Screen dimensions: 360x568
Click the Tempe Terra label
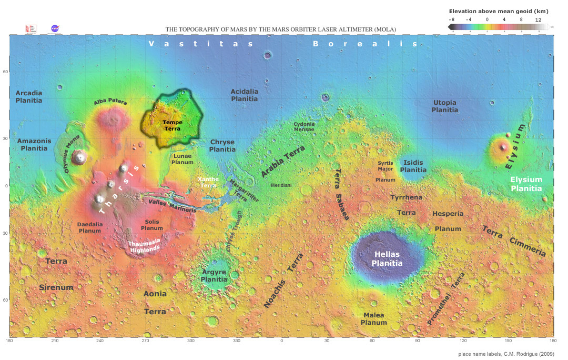[x=169, y=125]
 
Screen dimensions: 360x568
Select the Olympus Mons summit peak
[x=80, y=156]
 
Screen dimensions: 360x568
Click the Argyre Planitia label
[x=214, y=276]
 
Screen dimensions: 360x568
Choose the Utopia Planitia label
[x=444, y=106]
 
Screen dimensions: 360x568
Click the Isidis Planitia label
[x=413, y=166]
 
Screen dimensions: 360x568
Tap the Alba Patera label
[x=110, y=102]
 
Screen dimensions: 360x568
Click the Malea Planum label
[x=374, y=319]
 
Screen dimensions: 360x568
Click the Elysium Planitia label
[x=526, y=184]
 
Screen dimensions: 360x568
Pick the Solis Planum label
[x=152, y=225]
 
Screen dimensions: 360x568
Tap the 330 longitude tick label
[x=236, y=341]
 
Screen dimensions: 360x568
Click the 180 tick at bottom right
[x=552, y=341]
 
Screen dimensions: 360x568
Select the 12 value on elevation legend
[x=538, y=19]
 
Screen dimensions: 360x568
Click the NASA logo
[x=55, y=28]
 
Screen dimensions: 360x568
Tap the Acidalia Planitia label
[x=245, y=95]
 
